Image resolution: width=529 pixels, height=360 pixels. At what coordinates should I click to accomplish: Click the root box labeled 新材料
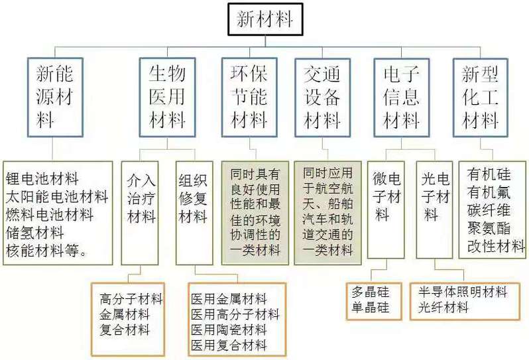265,19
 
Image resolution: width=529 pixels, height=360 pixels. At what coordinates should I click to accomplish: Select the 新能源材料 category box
55,97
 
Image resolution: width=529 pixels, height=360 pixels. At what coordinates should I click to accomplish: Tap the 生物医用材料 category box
167,97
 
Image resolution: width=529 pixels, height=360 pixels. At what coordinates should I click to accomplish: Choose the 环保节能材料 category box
249,97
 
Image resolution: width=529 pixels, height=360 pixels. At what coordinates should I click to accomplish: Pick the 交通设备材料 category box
323,97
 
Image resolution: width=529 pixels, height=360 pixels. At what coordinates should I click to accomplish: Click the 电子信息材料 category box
402,97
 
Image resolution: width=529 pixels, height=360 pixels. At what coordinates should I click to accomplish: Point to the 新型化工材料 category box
481,97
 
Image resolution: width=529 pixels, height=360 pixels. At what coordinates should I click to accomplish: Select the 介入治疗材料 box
140,213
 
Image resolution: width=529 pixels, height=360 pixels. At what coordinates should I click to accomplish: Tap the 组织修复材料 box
194,213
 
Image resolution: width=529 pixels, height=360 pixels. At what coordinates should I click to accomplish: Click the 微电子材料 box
386,210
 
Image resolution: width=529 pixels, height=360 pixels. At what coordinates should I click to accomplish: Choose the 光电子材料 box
435,210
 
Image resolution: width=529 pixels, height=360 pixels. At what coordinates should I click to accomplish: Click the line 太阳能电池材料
57,197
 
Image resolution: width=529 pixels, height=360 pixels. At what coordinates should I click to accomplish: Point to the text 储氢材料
34,233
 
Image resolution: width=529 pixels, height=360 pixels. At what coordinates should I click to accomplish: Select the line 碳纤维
489,210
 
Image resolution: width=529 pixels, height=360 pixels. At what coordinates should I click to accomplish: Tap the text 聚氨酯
489,229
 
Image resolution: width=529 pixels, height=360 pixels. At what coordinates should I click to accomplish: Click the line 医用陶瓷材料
229,330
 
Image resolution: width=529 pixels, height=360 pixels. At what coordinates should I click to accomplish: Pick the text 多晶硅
371,292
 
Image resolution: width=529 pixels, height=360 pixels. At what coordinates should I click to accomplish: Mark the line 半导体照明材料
463,292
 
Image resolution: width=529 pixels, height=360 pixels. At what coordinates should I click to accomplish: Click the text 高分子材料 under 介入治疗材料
131,299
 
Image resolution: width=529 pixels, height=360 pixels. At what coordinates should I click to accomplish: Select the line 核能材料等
46,251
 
